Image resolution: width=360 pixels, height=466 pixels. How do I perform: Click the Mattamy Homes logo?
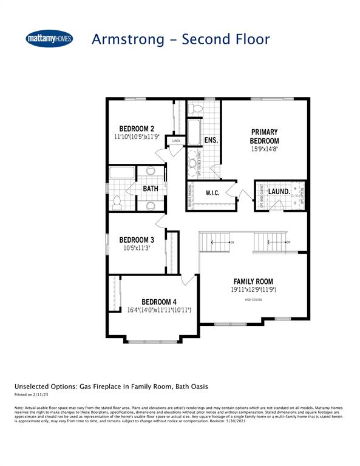(49, 39)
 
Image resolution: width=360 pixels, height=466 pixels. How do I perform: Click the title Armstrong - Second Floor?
(180, 39)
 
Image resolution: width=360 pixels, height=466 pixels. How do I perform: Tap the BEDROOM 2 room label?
(137, 128)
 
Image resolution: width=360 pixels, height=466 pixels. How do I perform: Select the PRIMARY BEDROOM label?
(264, 137)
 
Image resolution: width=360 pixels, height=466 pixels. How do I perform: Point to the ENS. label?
(211, 140)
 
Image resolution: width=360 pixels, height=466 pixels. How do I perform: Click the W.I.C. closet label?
(212, 193)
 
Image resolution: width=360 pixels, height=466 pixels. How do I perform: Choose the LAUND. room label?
(279, 192)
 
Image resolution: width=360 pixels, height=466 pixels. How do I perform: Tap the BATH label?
(151, 189)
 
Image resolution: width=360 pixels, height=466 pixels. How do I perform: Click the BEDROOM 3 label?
(136, 239)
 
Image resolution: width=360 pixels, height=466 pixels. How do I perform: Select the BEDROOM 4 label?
(159, 302)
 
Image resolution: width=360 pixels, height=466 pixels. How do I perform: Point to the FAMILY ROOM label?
(254, 282)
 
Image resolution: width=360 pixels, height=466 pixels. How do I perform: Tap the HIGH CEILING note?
(254, 300)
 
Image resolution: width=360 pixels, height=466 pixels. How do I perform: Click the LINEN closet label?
(175, 141)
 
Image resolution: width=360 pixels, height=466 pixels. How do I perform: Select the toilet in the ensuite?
(195, 109)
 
